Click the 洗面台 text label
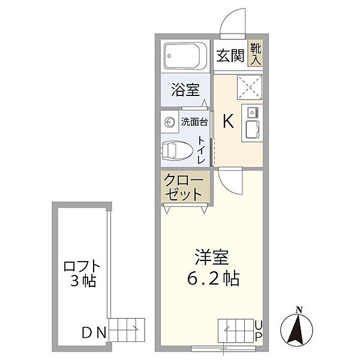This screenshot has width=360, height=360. click(194, 122)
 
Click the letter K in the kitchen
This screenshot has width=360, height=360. click(228, 122)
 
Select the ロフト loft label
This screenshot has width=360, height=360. click(80, 266)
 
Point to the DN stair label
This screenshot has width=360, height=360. click(94, 331)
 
